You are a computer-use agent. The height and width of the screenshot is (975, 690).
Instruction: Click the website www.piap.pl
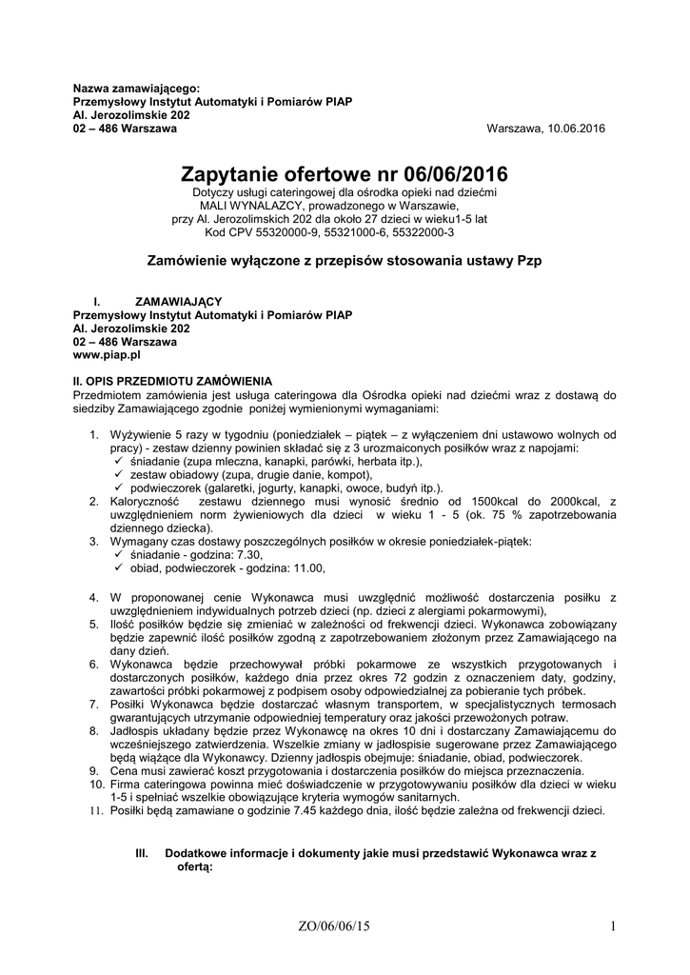[108, 353]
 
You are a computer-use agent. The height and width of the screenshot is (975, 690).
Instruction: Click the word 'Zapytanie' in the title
[242, 174]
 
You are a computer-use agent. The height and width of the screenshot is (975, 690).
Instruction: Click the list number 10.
[96, 784]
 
